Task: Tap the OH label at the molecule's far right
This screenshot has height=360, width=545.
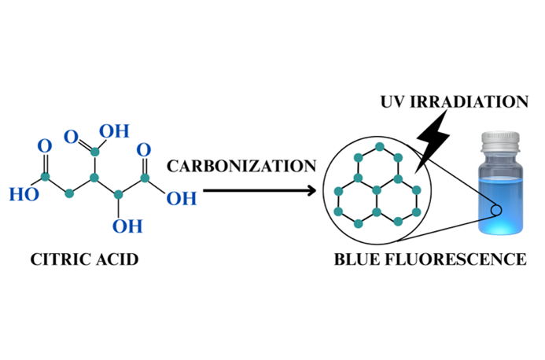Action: pos(182,198)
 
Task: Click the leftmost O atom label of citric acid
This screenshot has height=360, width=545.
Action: pos(45,145)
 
